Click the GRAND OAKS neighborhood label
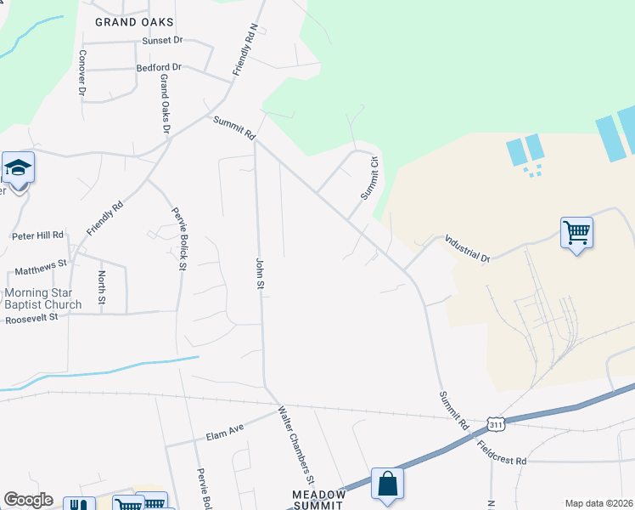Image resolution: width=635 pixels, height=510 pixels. click(x=134, y=22)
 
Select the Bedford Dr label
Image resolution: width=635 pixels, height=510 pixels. click(x=159, y=66)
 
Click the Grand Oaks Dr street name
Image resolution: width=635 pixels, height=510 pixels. click(x=165, y=104)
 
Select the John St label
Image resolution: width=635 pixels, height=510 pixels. click(x=260, y=271)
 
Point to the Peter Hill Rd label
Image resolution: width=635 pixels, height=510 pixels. click(x=37, y=235)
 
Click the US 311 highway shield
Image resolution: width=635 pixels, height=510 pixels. click(x=497, y=423)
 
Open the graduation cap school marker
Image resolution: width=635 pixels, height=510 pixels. click(x=17, y=167)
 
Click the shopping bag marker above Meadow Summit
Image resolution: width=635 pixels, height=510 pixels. click(x=387, y=484)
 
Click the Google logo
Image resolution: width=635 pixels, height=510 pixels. click(x=28, y=500)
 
